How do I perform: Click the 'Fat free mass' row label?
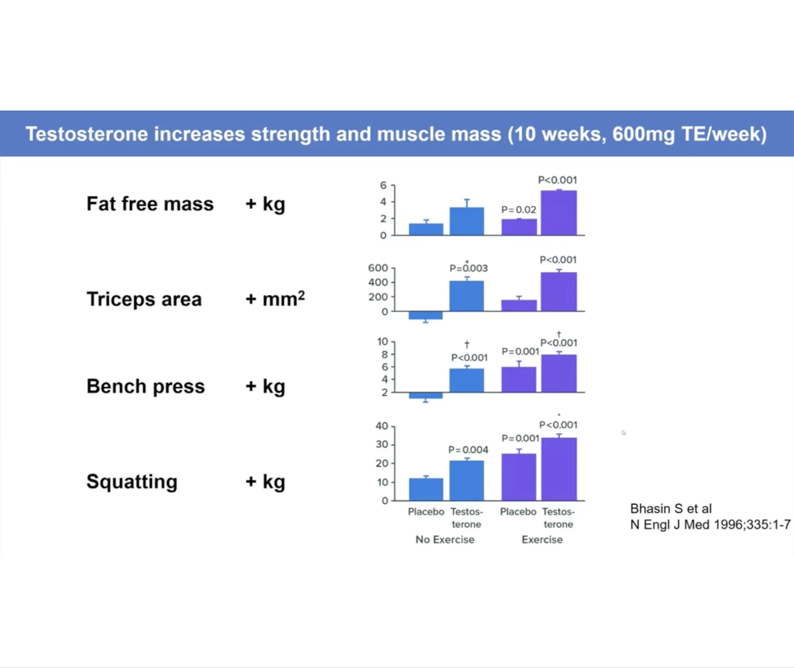pyautogui.click(x=150, y=204)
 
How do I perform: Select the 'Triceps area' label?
pyautogui.click(x=144, y=299)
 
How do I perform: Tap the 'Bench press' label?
pyautogui.click(x=146, y=386)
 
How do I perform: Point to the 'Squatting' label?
pyautogui.click(x=132, y=482)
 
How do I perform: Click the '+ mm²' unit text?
pyautogui.click(x=275, y=299)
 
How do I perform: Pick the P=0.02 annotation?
pyautogui.click(x=518, y=209)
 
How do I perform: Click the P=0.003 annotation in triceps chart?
pyautogui.click(x=468, y=268)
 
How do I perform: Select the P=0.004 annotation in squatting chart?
pyautogui.click(x=468, y=450)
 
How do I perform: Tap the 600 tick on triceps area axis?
pyautogui.click(x=378, y=268)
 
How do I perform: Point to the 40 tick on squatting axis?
pyautogui.click(x=382, y=426)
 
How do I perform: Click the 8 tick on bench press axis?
pyautogui.click(x=384, y=354)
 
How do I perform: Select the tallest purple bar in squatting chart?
pyautogui.click(x=559, y=469)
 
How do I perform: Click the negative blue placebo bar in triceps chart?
pyautogui.click(x=426, y=315)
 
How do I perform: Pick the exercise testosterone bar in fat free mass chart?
pyautogui.click(x=559, y=213)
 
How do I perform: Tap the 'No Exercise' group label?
pyautogui.click(x=445, y=540)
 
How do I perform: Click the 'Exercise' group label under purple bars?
pyautogui.click(x=542, y=540)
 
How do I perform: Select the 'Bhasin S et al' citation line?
pyautogui.click(x=671, y=509)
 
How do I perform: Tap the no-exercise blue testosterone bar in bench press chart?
pyautogui.click(x=467, y=380)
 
